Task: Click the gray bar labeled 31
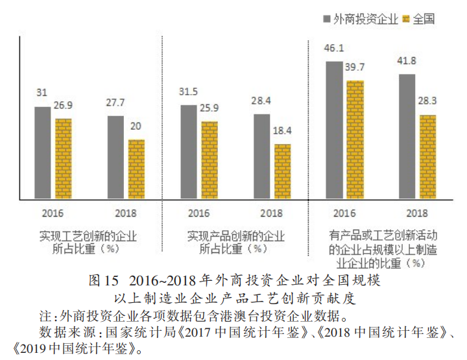pyautogui.click(x=42, y=152)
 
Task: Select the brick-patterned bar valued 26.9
pyautogui.click(x=63, y=159)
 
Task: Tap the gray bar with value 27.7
pyautogui.click(x=115, y=157)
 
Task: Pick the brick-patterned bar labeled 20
pyautogui.click(x=136, y=169)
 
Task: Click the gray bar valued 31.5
pyautogui.click(x=188, y=152)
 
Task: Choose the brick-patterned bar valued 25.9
pyautogui.click(x=209, y=160)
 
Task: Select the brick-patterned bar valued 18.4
pyautogui.click(x=282, y=172)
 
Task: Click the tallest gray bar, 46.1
pyautogui.click(x=334, y=130)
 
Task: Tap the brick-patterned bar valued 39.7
pyautogui.click(x=355, y=139)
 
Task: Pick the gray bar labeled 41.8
pyautogui.click(x=407, y=136)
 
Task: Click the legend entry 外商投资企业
pyautogui.click(x=360, y=19)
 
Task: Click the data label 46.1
pyautogui.click(x=334, y=48)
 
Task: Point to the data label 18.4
pyautogui.click(x=282, y=131)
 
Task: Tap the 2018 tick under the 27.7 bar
pyautogui.click(x=125, y=212)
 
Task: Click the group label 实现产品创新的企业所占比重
pyautogui.click(x=235, y=241)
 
